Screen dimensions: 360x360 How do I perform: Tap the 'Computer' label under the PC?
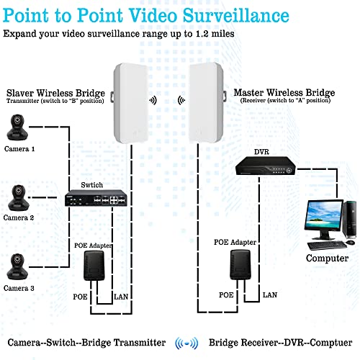[x=328, y=258]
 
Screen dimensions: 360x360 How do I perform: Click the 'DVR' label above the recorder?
[x=260, y=153]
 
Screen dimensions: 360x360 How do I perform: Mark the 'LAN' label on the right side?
[x=269, y=295]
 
